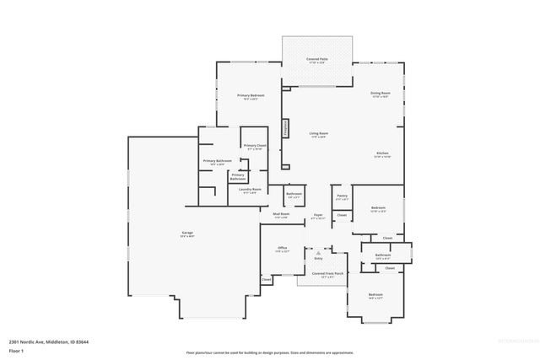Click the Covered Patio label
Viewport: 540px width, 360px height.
coord(318,59)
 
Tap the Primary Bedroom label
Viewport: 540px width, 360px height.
coord(251,96)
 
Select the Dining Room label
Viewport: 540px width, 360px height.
coord(381,93)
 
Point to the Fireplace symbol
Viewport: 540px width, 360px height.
coord(286,128)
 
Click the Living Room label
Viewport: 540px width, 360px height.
coord(318,134)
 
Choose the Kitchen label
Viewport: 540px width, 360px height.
coord(382,153)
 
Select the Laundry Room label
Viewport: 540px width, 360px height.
coord(250,190)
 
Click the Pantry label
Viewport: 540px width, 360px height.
coord(342,196)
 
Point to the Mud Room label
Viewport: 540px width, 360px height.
coord(281,214)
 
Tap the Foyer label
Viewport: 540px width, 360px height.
coord(319,215)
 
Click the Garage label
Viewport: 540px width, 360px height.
coord(187,234)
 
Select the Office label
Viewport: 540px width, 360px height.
coord(282,249)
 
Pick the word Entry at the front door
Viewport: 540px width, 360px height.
coord(318,258)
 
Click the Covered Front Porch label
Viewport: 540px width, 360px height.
coord(327,273)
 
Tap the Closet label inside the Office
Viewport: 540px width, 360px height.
coord(266,279)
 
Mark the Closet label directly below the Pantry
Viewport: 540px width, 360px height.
coord(342,215)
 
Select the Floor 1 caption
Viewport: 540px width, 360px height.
coord(17,350)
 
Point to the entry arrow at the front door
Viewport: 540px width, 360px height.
coord(318,252)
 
